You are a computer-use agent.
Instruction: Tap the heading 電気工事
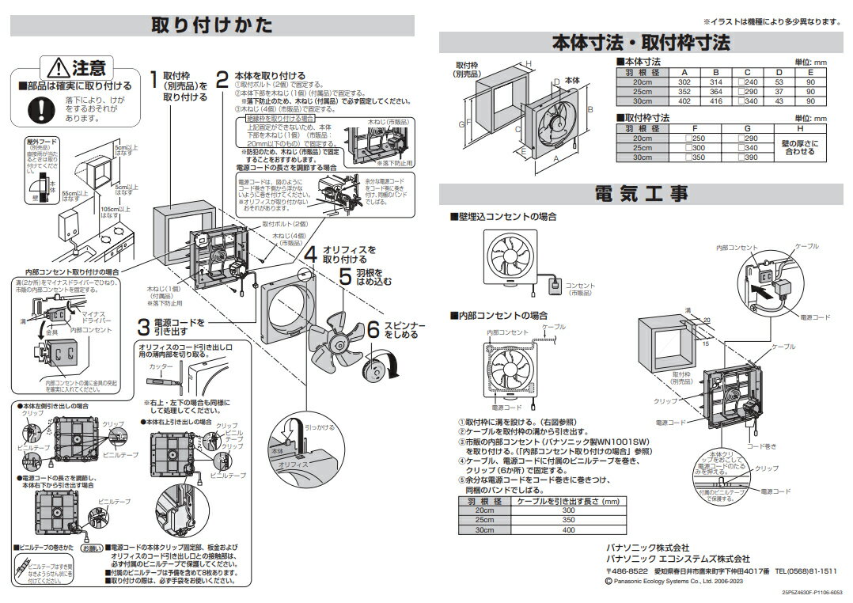[x=643, y=192]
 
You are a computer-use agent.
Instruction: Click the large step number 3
[x=143, y=326]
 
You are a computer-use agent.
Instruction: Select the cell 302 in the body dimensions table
[x=684, y=82]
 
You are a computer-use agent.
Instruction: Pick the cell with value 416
[x=718, y=101]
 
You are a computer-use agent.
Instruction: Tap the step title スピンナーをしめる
[x=404, y=330]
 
